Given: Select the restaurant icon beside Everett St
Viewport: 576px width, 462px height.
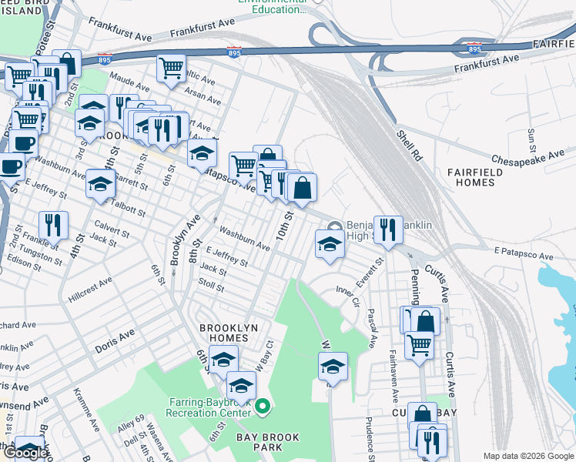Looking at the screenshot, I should click(x=388, y=229).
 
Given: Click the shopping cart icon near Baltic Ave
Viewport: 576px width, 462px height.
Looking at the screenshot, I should click(x=171, y=66).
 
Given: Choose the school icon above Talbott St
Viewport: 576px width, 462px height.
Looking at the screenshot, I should click(x=100, y=183).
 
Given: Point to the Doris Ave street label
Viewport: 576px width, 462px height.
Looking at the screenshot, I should click(x=115, y=341).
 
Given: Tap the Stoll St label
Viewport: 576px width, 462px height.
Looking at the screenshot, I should click(x=210, y=286).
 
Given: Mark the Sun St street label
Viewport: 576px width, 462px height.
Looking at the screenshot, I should click(x=532, y=139).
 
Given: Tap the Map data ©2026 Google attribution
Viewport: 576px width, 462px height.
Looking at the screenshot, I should click(x=528, y=456).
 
